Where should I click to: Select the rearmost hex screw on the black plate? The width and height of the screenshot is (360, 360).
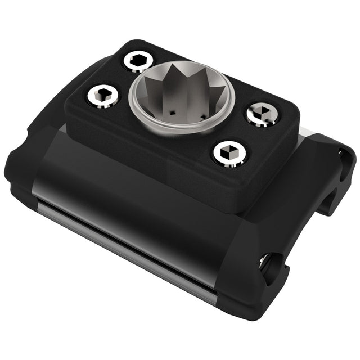tap(138, 60)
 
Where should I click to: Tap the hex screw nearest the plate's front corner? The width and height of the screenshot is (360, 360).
tap(230, 152)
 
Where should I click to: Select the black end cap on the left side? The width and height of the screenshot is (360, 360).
tap(28, 163)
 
